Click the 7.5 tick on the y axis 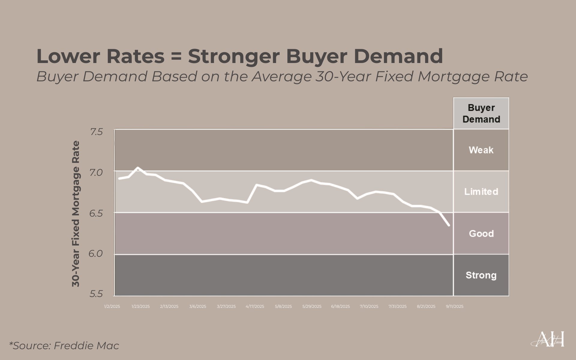point(96,132)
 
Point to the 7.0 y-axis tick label point(96,172)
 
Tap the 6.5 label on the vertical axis point(96,213)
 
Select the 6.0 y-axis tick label point(96,253)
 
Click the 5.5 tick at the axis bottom point(96,294)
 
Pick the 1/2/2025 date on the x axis point(112,306)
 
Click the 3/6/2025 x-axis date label point(198,306)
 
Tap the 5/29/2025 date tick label point(312,306)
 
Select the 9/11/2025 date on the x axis point(454,306)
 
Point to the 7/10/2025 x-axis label point(369,306)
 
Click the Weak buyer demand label point(481,150)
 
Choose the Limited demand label point(481,191)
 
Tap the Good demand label point(481,233)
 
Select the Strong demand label point(481,275)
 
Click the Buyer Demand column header point(481,113)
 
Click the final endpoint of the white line point(449,225)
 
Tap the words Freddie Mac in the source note point(86,346)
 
